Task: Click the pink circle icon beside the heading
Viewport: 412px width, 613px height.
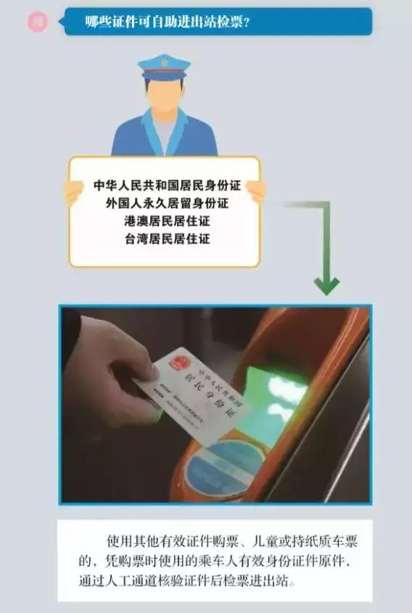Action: pos(38,22)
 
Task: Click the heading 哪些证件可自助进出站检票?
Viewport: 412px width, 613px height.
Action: pos(168,22)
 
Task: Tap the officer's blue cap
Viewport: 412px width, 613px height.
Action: pos(165,67)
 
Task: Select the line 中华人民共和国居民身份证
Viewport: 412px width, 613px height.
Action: pos(167,186)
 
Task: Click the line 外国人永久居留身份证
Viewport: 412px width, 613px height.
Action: pos(167,203)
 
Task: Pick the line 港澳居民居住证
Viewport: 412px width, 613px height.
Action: pos(167,221)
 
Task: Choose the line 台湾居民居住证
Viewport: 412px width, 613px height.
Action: pos(167,238)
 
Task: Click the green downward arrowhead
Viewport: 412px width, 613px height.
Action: pos(326,285)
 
